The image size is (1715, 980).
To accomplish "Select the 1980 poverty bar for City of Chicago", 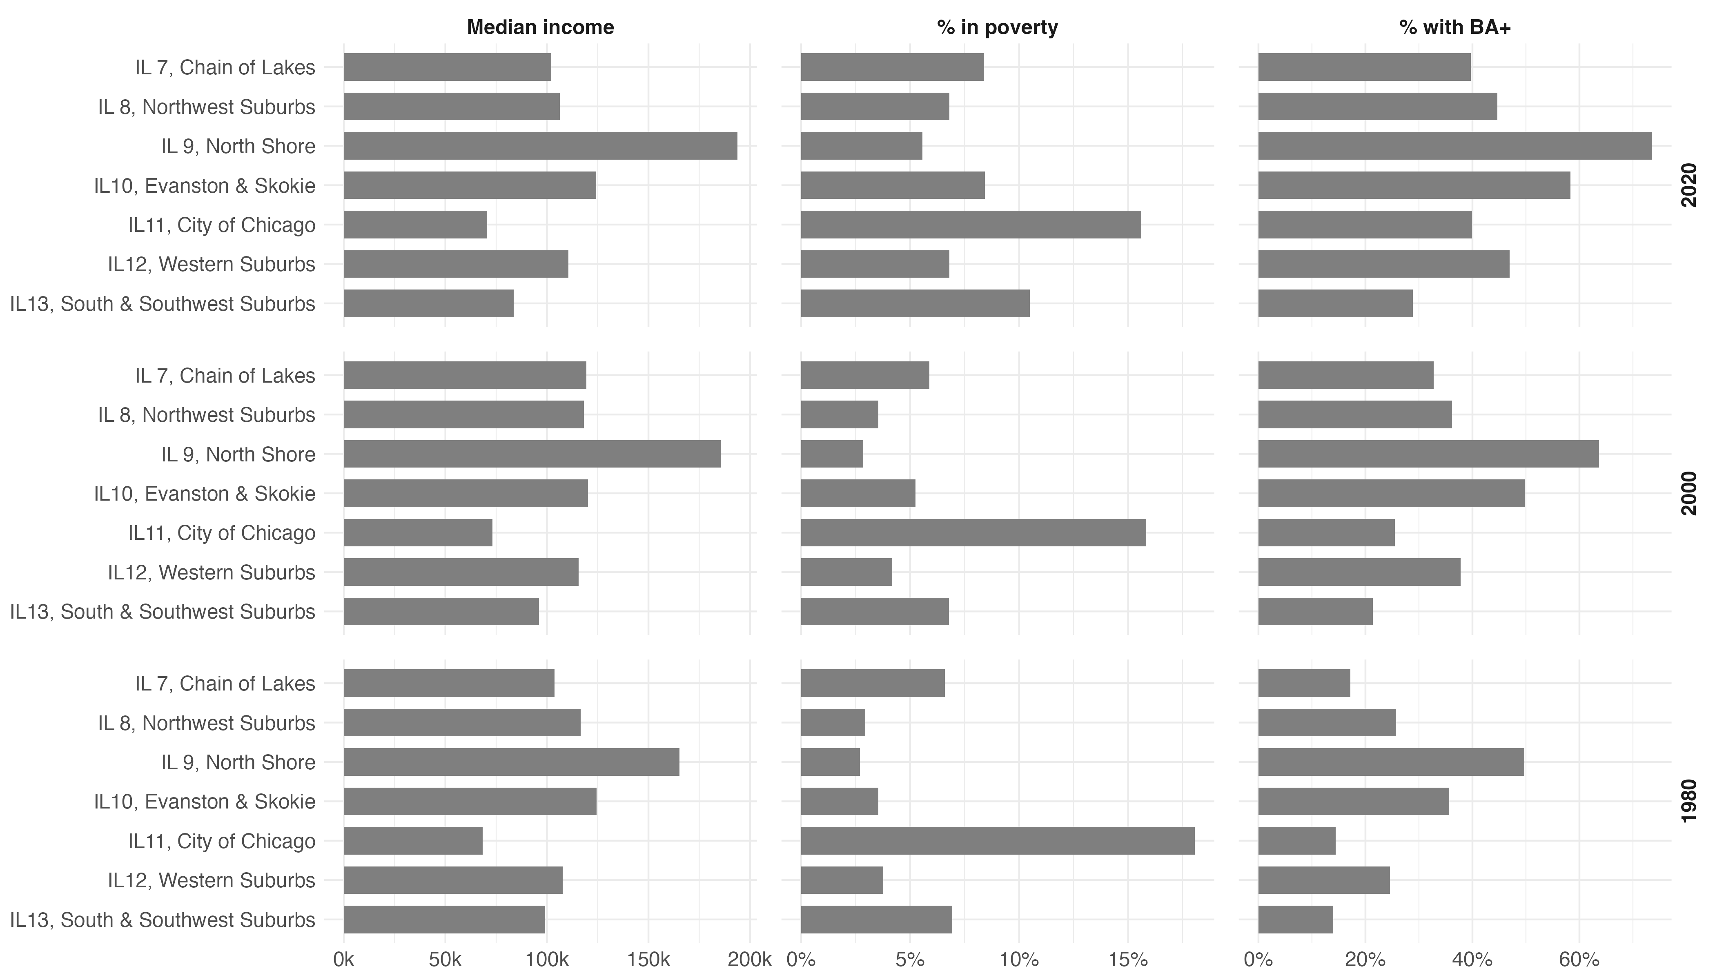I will (998, 841).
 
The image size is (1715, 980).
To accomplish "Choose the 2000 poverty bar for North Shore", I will (832, 454).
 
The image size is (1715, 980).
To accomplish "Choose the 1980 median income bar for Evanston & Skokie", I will (470, 802).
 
